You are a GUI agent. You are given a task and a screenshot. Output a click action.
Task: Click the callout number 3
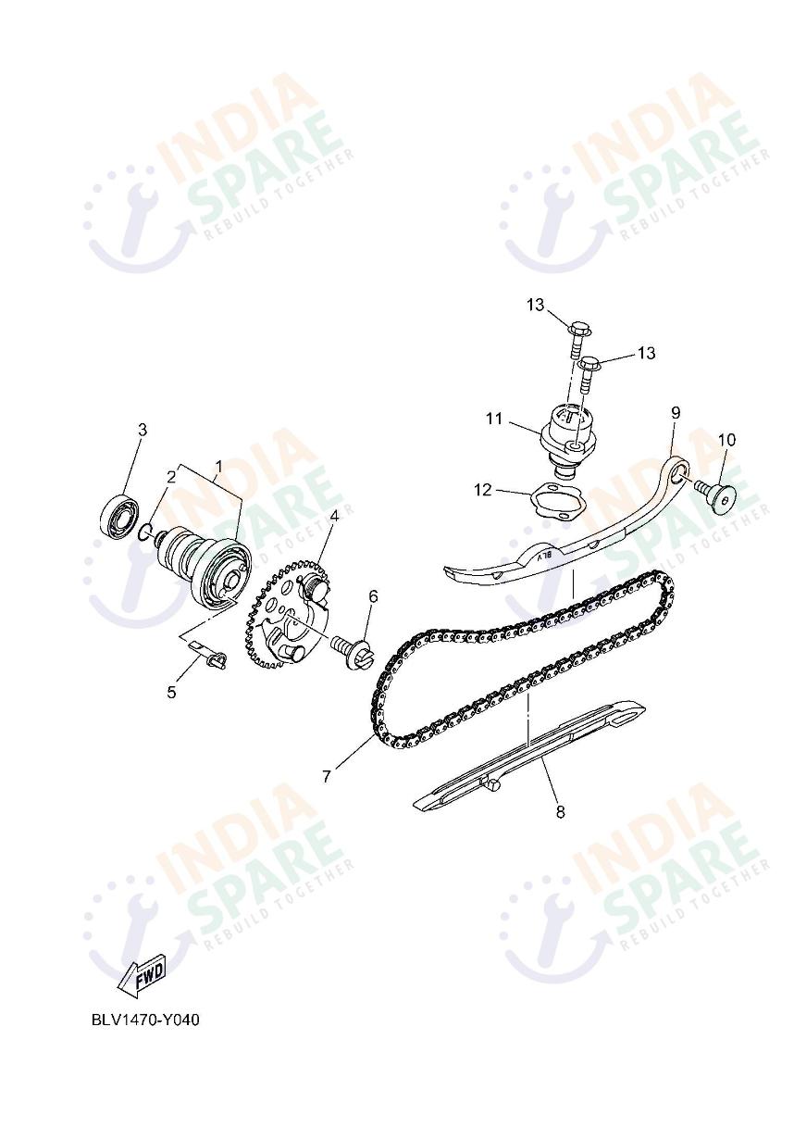[x=142, y=430]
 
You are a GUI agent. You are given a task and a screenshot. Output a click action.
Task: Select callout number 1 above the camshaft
[x=219, y=466]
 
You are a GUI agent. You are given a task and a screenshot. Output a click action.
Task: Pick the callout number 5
[x=171, y=692]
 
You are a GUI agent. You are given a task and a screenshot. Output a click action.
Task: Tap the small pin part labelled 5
[x=215, y=658]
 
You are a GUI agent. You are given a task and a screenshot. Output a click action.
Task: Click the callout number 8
[x=560, y=813]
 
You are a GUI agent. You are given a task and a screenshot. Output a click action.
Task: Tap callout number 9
[x=675, y=411]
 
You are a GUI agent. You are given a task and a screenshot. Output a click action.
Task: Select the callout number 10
[x=726, y=439]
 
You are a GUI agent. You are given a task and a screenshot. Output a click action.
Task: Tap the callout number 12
[x=483, y=491]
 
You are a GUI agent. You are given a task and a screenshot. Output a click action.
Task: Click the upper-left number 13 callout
[x=537, y=306]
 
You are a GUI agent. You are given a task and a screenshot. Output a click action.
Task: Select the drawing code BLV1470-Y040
[x=145, y=1021]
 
